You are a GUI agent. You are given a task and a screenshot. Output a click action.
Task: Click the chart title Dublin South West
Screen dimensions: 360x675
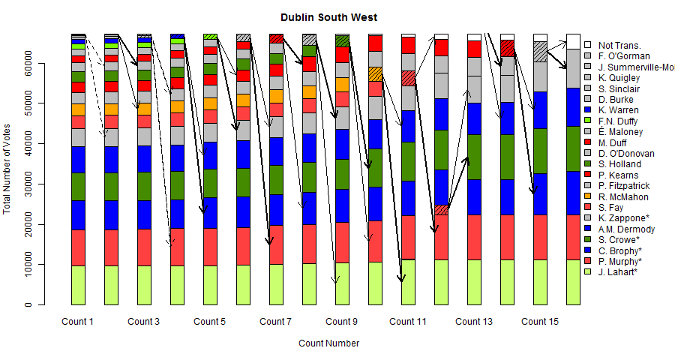[x=329, y=17]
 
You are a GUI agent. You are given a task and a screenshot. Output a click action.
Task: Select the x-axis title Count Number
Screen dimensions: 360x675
[x=328, y=343]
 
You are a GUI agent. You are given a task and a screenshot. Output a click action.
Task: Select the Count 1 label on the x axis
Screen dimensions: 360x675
[x=77, y=322]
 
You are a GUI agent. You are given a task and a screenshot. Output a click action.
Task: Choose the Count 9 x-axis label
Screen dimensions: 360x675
[x=341, y=322]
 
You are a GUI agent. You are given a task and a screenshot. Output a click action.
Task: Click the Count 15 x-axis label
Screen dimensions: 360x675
[x=539, y=322]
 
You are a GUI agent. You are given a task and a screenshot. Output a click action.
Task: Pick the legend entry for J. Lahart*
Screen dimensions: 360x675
[x=619, y=271]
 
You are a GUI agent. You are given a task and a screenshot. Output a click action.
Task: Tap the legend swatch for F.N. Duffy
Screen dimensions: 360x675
[x=589, y=121]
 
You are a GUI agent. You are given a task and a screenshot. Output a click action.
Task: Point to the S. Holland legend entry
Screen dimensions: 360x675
[x=620, y=163]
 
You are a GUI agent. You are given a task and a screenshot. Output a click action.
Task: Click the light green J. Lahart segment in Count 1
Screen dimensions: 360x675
[x=77, y=285]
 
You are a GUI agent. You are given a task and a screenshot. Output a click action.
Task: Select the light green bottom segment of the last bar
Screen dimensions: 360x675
[x=573, y=282]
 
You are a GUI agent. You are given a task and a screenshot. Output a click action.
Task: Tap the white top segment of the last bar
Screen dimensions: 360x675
[x=573, y=41]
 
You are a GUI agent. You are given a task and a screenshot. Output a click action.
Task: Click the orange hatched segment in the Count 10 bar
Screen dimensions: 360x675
[x=375, y=74]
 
